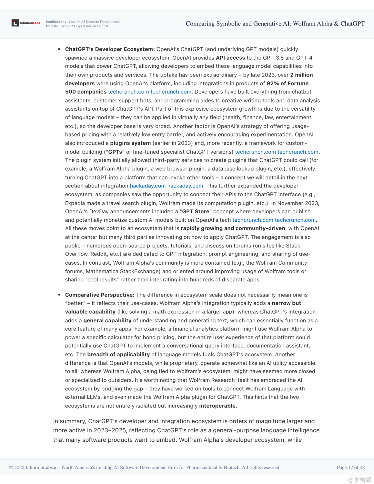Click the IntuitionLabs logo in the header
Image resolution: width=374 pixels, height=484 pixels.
[x=26, y=23]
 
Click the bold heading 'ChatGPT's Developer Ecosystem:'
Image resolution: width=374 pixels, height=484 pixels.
[x=110, y=49]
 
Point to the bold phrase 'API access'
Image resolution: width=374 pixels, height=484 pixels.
[x=230, y=58]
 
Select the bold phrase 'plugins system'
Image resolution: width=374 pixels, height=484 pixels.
[x=130, y=143]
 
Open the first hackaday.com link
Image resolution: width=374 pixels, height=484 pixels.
[x=147, y=186]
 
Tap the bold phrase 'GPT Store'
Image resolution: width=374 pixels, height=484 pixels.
[x=196, y=212]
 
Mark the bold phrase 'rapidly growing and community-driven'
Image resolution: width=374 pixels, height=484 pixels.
[x=233, y=228]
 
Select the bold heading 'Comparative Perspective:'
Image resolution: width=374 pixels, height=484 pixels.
[x=100, y=295]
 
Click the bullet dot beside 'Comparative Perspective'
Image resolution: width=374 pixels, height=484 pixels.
[x=59, y=295]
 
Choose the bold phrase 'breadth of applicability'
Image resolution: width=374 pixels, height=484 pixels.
[x=118, y=354]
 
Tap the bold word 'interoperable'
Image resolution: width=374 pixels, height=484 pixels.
[x=217, y=406]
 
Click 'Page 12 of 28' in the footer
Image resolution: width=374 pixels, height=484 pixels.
[x=350, y=467]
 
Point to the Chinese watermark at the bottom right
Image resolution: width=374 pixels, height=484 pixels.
[x=359, y=480]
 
